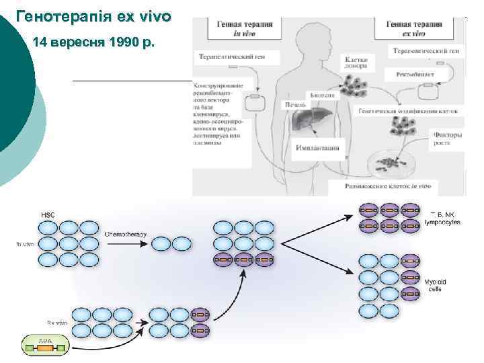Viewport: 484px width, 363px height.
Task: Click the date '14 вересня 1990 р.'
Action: tap(93, 44)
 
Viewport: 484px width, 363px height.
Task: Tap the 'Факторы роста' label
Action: tap(446, 138)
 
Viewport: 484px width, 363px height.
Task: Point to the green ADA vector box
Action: tap(45, 345)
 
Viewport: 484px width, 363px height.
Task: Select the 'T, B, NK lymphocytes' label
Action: tap(443, 218)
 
